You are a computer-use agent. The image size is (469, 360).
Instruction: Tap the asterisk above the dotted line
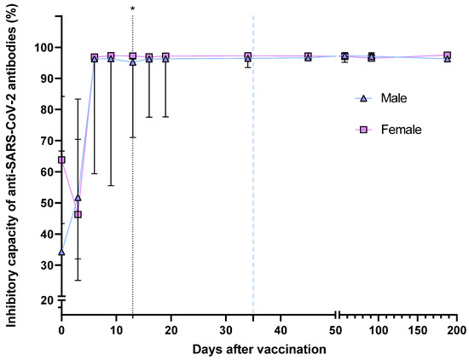click(x=133, y=9)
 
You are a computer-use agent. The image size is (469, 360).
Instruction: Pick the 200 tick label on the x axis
click(x=456, y=329)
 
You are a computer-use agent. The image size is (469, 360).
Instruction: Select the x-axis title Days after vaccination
click(x=258, y=350)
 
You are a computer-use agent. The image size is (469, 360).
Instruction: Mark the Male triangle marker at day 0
click(x=61, y=252)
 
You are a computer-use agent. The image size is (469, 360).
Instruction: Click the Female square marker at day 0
click(x=61, y=160)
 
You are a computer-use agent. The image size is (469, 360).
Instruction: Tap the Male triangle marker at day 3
click(x=78, y=198)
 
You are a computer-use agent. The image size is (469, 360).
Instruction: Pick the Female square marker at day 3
click(x=78, y=214)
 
